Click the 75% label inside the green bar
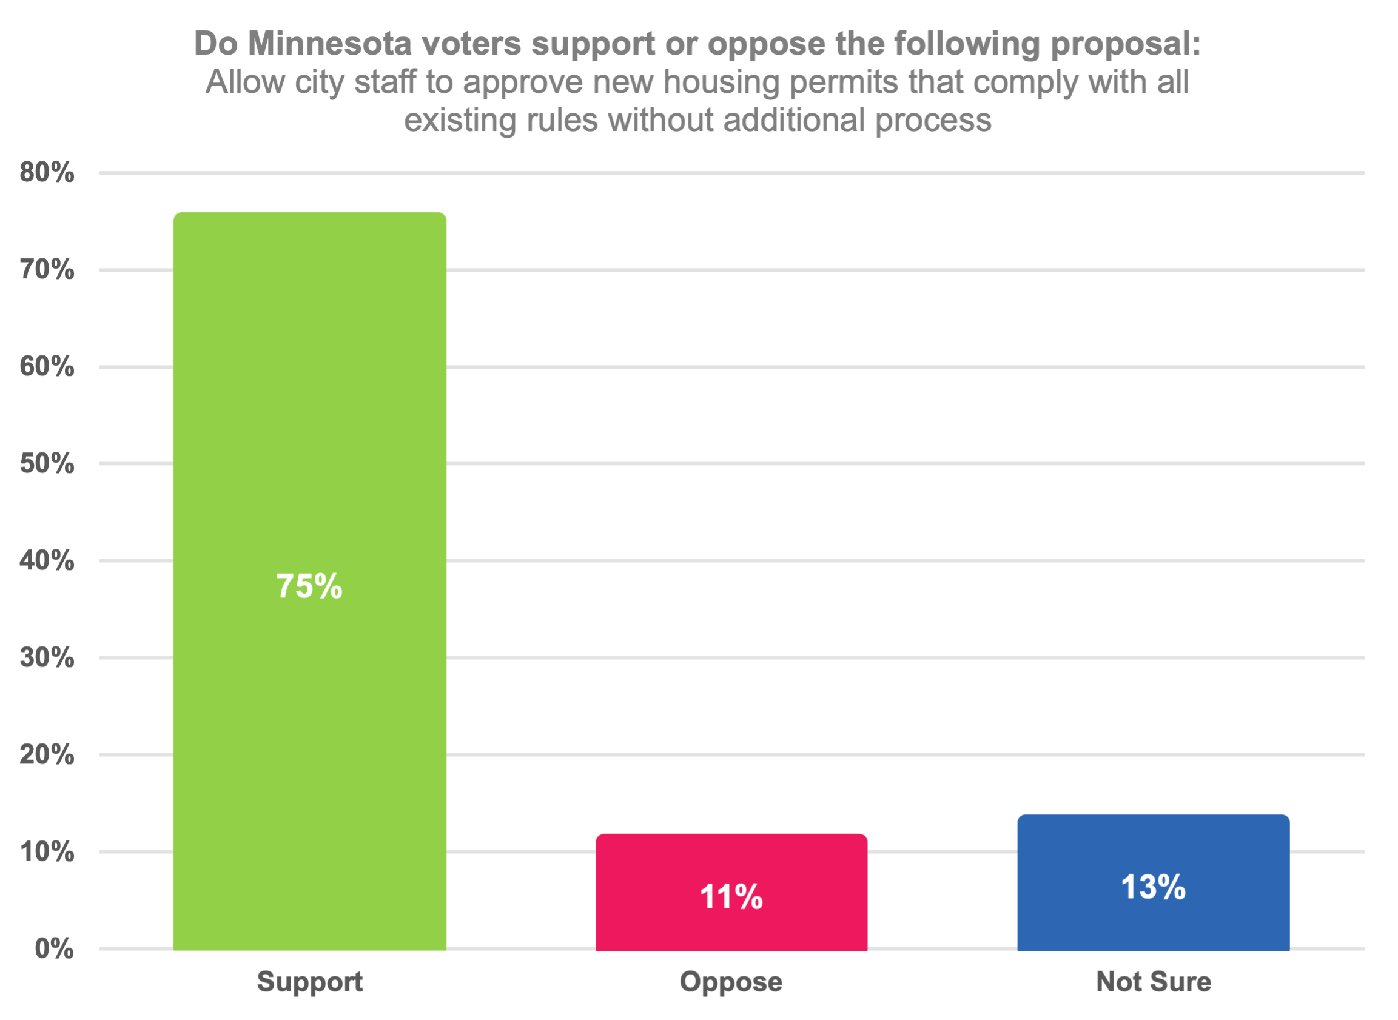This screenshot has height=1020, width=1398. click(309, 586)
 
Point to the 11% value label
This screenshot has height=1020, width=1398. click(731, 896)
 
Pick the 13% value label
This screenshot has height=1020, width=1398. click(1153, 887)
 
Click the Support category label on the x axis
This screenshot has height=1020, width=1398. click(309, 981)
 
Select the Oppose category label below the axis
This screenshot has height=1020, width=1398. click(731, 981)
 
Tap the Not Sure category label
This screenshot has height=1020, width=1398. click(1153, 981)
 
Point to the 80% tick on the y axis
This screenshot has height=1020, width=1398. click(47, 172)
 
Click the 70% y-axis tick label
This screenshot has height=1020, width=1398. click(47, 270)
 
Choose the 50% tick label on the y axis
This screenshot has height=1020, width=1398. click(47, 464)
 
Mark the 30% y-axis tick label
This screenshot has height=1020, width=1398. click(47, 657)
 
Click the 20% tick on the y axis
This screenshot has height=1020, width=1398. click(47, 754)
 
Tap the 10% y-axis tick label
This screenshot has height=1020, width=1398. click(47, 851)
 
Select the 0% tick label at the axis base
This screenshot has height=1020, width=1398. click(55, 948)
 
